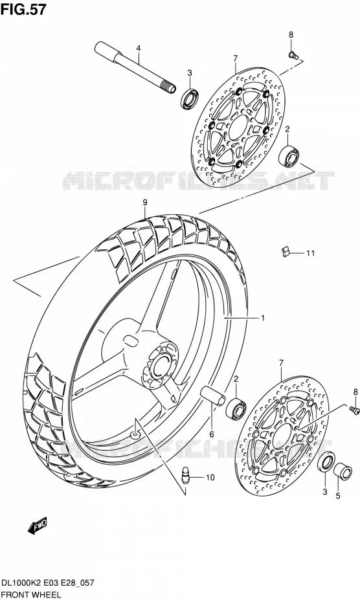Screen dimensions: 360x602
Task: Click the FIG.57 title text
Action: point(23,9)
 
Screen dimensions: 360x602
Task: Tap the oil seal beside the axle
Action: point(190,98)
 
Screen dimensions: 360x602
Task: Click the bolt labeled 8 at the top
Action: point(293,55)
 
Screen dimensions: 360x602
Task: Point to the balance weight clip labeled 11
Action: point(284,251)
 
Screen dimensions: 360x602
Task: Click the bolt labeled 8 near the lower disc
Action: point(354,410)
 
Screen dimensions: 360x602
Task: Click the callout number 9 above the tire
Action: point(145,203)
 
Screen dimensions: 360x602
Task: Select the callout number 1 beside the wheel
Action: point(263,318)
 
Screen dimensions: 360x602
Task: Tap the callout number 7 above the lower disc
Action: point(281,362)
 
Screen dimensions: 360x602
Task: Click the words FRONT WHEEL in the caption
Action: point(32,595)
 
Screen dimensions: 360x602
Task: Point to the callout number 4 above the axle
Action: point(139,49)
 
